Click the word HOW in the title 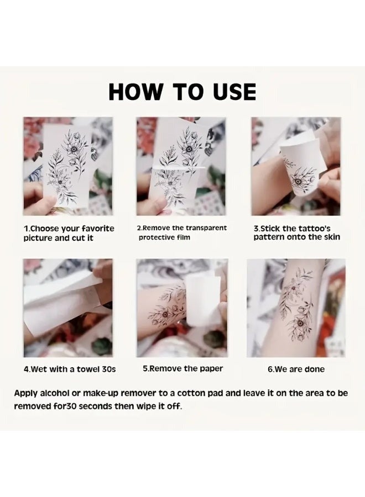click(134, 92)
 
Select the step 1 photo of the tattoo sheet click(68, 166)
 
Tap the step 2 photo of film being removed click(181, 166)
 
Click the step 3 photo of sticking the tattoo click(296, 166)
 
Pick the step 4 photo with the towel click(68, 308)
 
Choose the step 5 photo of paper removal click(182, 308)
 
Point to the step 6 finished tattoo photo click(296, 308)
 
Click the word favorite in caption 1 click(98, 229)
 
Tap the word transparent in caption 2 click(206, 228)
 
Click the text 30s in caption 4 click(109, 369)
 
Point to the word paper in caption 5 click(211, 369)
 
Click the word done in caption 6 click(314, 369)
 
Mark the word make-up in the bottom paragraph click(101, 394)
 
